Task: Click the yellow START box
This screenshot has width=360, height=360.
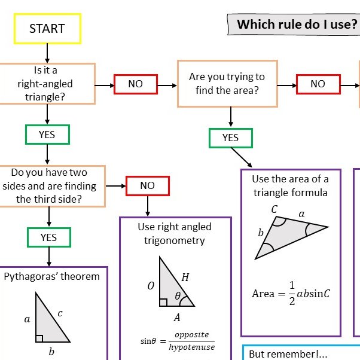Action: (47, 28)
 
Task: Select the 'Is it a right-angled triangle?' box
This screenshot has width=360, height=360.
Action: (47, 84)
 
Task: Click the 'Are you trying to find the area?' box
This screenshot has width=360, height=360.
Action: (227, 84)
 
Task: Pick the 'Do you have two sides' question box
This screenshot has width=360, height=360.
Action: (52, 185)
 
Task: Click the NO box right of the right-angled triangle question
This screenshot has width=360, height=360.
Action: (136, 84)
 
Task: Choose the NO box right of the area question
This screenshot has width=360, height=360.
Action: (318, 84)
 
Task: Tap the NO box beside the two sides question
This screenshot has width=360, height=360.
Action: (147, 185)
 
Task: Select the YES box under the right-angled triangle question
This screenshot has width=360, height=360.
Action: (47, 135)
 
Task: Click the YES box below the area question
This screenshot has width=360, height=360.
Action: (230, 138)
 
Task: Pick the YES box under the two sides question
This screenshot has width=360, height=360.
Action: (48, 237)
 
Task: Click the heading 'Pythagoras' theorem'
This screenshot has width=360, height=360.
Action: (52, 276)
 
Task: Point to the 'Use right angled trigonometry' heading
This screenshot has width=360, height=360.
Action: (175, 234)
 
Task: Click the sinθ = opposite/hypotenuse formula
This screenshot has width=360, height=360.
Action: (178, 341)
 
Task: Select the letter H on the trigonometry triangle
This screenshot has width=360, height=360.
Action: (185, 277)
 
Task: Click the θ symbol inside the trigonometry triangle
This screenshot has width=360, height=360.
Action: (177, 296)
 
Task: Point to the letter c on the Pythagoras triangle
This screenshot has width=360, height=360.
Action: (60, 313)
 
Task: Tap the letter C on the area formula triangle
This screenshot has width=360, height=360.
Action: (274, 209)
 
